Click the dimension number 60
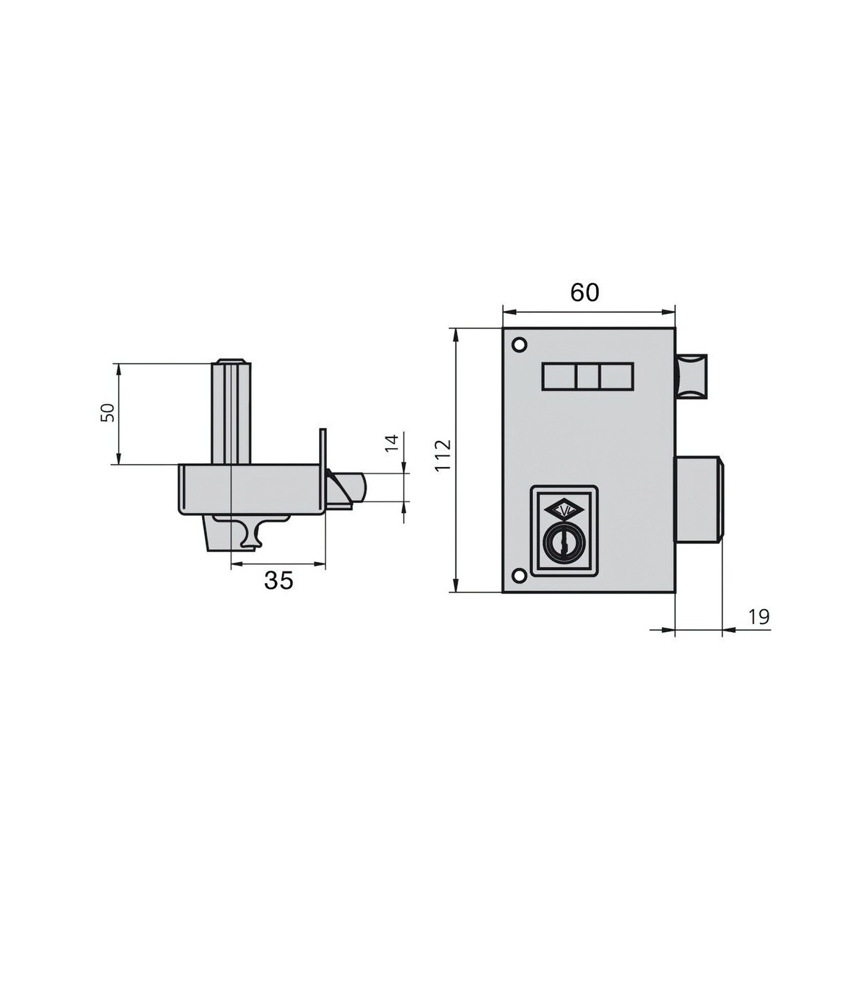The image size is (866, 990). click(585, 292)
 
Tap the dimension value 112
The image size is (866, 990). click(443, 456)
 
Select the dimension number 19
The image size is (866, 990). click(758, 617)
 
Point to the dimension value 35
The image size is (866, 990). click(279, 580)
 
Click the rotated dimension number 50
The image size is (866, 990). click(108, 412)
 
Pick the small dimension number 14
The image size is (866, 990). click(392, 443)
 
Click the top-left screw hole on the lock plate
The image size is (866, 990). click(519, 344)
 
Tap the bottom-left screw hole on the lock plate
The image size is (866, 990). click(519, 575)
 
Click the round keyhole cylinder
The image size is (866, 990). click(564, 546)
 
